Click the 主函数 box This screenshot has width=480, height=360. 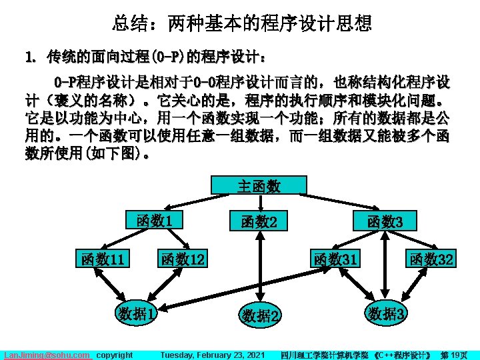[259, 186]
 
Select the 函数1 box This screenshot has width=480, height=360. [155, 220]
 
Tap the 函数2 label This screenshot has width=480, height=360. [259, 222]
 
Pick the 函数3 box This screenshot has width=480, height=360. [385, 222]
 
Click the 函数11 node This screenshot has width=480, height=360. [102, 259]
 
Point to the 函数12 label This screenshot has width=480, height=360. [182, 259]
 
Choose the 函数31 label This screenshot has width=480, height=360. [335, 259]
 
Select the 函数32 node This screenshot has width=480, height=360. [432, 259]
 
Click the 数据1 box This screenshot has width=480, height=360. [137, 312]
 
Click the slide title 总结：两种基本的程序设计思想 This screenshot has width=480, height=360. [241, 25]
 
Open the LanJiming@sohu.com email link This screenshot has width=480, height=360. [47, 355]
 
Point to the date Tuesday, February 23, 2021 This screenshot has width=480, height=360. [213, 355]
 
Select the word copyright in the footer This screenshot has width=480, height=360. [115, 355]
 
